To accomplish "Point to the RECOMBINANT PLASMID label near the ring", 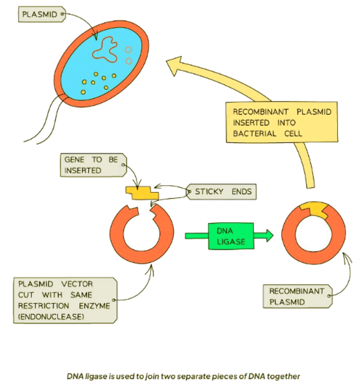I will (297, 296).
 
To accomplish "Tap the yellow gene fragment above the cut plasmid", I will (142, 191).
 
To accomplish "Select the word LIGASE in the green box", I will (230, 242).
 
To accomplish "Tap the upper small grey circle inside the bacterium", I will (128, 50).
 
